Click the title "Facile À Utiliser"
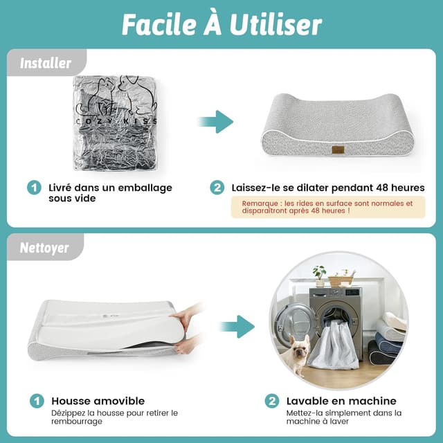[221, 24]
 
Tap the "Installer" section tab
[46, 63]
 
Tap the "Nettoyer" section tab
[44, 247]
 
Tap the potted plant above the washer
[319, 275]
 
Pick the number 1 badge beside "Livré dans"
[33, 188]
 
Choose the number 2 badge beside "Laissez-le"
[217, 188]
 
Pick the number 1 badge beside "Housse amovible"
[34, 401]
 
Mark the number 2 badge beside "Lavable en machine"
[272, 401]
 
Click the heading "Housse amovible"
[98, 401]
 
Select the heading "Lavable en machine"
[341, 401]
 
